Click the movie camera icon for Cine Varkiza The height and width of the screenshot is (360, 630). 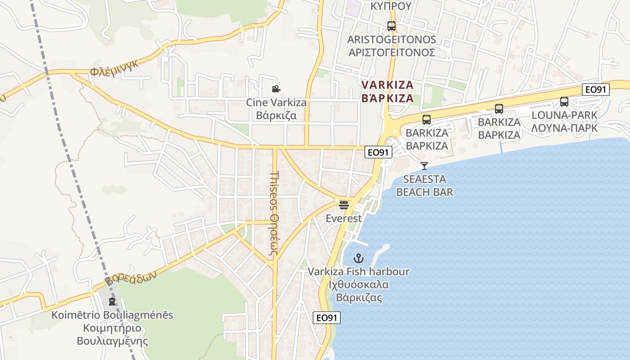(x=276, y=89)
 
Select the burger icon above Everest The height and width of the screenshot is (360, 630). (x=344, y=205)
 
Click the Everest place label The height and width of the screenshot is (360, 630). (x=344, y=219)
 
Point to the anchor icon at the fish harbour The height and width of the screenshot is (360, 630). (x=359, y=258)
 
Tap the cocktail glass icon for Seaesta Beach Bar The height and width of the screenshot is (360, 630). (x=424, y=166)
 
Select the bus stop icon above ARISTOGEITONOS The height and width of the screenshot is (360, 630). (x=391, y=26)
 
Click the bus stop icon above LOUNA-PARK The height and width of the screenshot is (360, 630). (x=564, y=102)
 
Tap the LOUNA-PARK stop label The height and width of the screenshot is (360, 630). (x=564, y=121)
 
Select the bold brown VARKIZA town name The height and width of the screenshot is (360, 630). (x=387, y=91)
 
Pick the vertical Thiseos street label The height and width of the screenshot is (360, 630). (x=274, y=214)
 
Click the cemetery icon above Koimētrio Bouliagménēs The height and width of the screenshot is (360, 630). (x=112, y=301)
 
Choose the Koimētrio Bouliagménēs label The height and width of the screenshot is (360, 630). (x=112, y=328)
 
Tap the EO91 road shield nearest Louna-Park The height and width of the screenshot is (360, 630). (x=595, y=90)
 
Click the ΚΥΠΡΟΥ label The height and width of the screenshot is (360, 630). (x=391, y=6)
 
